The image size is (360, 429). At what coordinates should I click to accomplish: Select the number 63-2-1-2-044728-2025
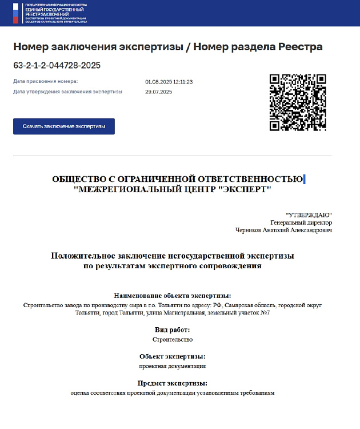coord(57,65)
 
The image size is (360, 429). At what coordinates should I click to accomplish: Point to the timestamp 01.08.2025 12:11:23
coord(169,82)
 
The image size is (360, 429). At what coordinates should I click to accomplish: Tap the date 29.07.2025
coord(158,92)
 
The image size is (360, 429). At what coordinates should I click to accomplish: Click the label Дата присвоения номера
coord(45,82)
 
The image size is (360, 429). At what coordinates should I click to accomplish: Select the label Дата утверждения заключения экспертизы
coord(67,92)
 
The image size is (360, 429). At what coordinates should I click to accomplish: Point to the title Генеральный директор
coord(301,222)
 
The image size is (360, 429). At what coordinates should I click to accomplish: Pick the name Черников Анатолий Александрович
coord(283,230)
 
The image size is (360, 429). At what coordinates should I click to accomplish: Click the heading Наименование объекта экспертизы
coord(172,296)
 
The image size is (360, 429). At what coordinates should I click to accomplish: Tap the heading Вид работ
coord(172,329)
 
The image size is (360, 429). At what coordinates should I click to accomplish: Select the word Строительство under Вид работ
coord(173,339)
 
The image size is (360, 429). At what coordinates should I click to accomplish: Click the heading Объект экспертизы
coord(172,356)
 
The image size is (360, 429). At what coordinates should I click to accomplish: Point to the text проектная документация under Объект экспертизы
coord(172,366)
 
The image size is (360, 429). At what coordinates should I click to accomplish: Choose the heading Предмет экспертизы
coord(172,383)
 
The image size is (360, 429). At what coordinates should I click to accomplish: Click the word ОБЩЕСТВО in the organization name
coord(79,178)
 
